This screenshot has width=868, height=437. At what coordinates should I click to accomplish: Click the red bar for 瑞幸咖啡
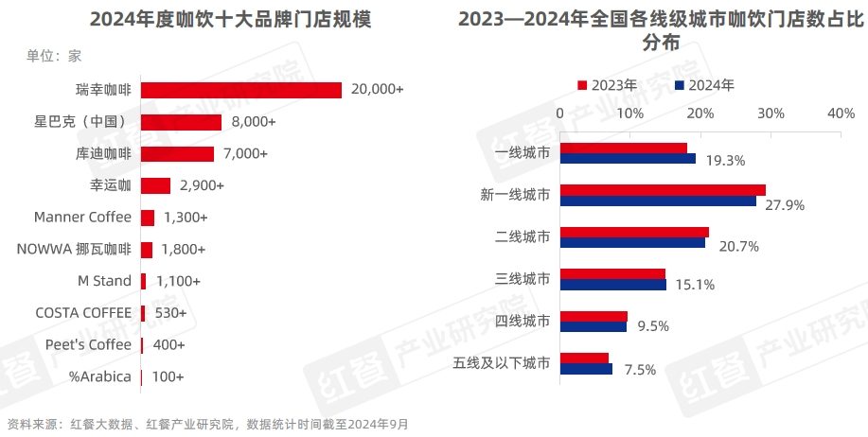[240, 90]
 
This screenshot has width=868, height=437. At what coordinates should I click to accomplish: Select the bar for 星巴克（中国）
[181, 122]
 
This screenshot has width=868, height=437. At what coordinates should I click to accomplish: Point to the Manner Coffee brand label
[82, 218]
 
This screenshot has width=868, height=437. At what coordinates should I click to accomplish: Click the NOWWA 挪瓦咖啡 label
[74, 250]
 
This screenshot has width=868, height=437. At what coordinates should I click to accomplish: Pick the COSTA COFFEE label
[83, 313]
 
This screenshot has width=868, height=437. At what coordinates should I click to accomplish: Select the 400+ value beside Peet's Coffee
[168, 345]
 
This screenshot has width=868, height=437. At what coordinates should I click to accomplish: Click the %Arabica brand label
[100, 376]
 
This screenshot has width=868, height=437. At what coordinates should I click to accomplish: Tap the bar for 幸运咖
[155, 185]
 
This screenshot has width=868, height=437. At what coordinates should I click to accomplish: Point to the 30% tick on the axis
[771, 114]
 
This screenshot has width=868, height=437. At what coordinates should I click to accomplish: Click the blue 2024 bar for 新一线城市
[658, 201]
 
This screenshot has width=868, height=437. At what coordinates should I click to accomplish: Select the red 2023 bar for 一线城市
[624, 148]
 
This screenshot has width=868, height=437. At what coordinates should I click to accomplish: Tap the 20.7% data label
[739, 246]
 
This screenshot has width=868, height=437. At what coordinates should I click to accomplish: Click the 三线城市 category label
[522, 279]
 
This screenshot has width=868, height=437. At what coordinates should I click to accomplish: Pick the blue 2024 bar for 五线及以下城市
[586, 369]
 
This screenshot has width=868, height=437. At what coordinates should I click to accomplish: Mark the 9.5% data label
[652, 326]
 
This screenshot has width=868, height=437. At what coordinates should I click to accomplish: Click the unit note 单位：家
[54, 55]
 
